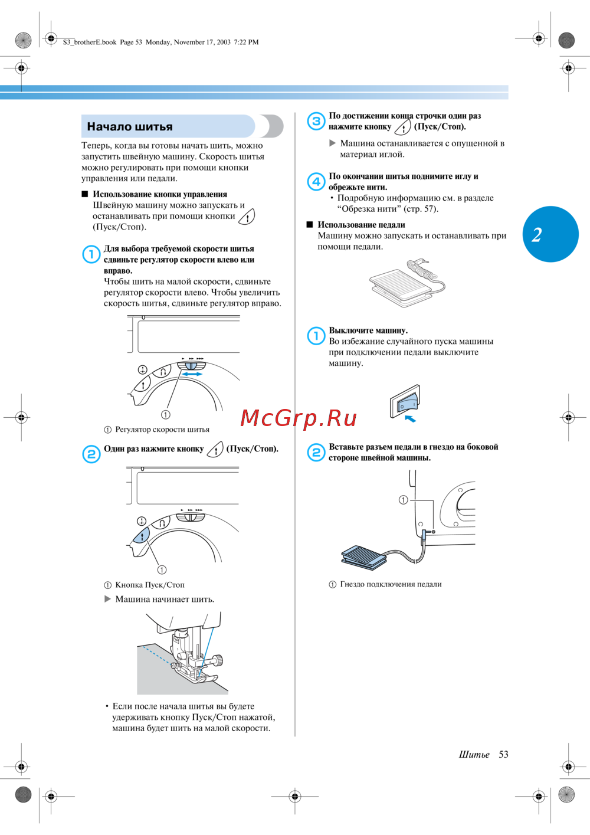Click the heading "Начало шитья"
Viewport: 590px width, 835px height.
(x=130, y=127)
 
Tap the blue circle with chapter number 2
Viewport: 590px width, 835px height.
(x=550, y=234)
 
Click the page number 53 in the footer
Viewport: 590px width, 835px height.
(x=503, y=755)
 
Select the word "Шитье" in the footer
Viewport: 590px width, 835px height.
(x=474, y=755)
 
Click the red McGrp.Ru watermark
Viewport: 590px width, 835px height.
(x=299, y=418)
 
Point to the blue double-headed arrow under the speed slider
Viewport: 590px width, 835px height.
(x=192, y=374)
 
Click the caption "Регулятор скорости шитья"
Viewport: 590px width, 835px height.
(x=162, y=430)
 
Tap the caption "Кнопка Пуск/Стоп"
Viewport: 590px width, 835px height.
(x=149, y=585)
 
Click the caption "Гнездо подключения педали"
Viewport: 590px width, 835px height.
(x=391, y=584)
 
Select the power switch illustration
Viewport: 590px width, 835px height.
(x=405, y=402)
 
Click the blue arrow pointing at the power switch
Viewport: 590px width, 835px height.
(x=409, y=419)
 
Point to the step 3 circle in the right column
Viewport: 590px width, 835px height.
(x=317, y=121)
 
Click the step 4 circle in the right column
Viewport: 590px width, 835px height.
(x=317, y=181)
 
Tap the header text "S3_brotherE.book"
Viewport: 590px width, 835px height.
(x=90, y=42)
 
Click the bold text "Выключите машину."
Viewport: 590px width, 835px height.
(x=368, y=330)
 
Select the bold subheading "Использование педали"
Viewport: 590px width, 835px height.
(x=361, y=225)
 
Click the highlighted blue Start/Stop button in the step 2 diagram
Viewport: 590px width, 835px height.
(x=142, y=536)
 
